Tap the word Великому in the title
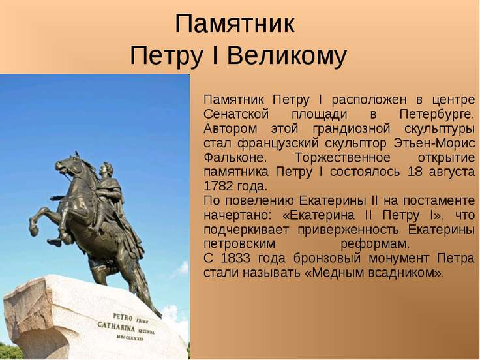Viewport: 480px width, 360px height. pyautogui.click(x=287, y=55)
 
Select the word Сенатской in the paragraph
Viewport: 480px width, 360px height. pyautogui.click(x=236, y=114)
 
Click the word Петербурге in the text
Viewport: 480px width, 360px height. pyautogui.click(x=437, y=115)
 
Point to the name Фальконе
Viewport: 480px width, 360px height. pyautogui.click(x=235, y=158)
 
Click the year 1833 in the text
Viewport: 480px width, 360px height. pyautogui.click(x=235, y=258)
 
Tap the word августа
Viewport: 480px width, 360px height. pyautogui.click(x=452, y=172)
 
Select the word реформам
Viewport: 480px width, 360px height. pyautogui.click(x=375, y=245)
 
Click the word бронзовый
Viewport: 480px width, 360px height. pyautogui.click(x=327, y=258)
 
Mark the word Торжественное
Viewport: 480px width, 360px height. pyautogui.click(x=342, y=158)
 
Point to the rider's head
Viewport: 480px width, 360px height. pyautogui.click(x=106, y=169)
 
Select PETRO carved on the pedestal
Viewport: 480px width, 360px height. pyautogui.click(x=123, y=317)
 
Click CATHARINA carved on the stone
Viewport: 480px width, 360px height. pyautogui.click(x=116, y=327)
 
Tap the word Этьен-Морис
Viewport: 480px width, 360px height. pyautogui.click(x=434, y=143)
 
